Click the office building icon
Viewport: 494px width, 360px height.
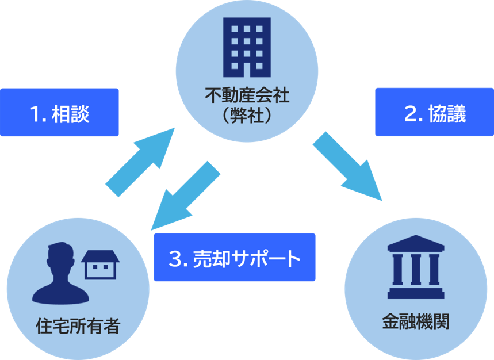pos(247,46)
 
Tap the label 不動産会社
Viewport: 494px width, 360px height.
pos(247,94)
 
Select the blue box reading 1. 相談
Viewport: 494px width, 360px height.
pos(59,113)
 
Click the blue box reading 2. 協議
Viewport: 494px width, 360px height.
pos(434,113)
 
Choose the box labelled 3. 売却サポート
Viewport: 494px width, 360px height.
pos(235,257)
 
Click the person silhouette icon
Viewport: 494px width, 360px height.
pos(60,273)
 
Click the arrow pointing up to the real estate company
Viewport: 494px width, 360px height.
pos(141,161)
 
